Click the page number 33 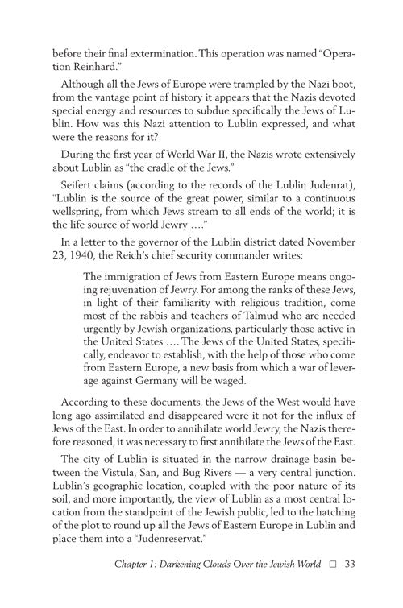[x=349, y=584]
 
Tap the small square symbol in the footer [x=332, y=584]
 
